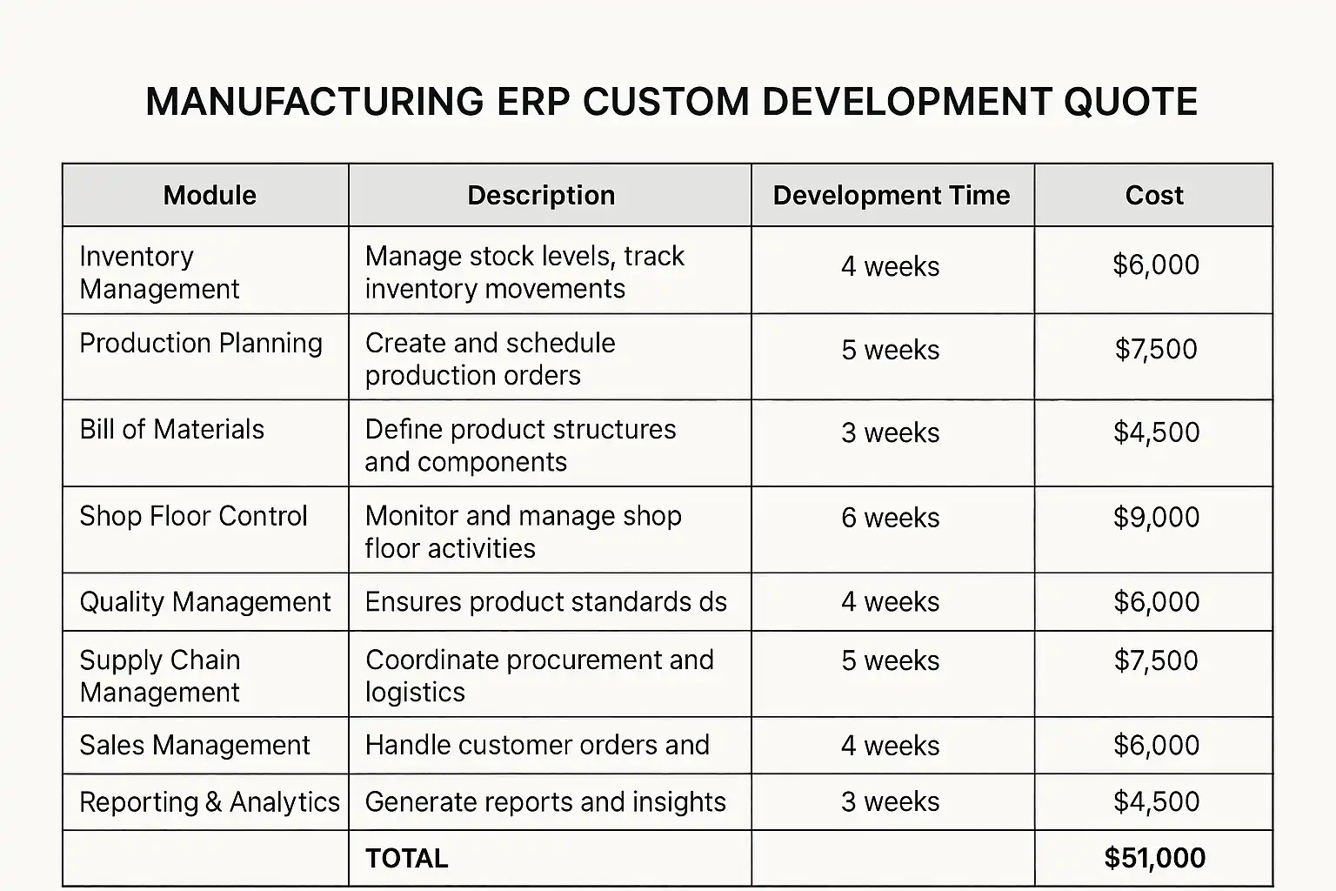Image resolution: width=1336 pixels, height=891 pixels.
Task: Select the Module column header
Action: coord(210,196)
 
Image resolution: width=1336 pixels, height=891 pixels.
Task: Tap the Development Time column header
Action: coord(892,196)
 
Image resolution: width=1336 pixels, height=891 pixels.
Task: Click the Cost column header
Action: coord(1154,196)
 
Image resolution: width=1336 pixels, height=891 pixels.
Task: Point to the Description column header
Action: coord(541,196)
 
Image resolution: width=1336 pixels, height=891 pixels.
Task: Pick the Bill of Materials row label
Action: coord(172,430)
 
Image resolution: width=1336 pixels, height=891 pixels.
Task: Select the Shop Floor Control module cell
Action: coord(193,516)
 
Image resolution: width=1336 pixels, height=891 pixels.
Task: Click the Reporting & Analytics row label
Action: coord(210,802)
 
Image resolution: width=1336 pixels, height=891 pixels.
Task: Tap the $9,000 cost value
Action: coord(1156,518)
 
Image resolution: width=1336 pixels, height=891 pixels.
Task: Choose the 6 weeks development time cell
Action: coord(890,519)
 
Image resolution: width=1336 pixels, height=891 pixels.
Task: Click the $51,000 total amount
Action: coord(1154,859)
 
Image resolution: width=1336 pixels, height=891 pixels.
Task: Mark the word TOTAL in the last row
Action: coord(406,859)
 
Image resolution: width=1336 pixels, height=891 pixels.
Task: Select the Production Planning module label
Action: coord(201,344)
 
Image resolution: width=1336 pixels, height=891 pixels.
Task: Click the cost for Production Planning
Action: coord(1156,350)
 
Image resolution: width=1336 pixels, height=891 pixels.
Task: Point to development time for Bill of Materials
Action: coord(890,433)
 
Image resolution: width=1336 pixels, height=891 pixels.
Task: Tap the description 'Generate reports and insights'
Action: coord(545,802)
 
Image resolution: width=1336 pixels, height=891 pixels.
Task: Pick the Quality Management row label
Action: coord(205,602)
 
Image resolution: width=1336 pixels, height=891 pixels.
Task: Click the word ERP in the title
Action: coord(533,102)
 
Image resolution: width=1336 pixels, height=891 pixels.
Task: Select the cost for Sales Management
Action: coord(1156,746)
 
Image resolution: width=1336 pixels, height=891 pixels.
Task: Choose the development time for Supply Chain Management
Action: coord(890,661)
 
